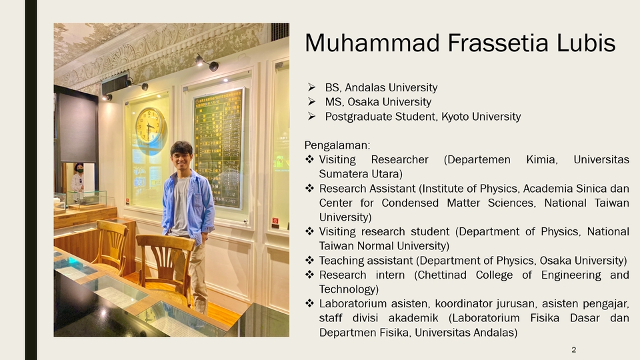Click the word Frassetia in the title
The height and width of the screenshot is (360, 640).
coord(497,43)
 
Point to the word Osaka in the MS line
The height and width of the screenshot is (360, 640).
coord(363,101)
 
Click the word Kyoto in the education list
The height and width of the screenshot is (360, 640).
coord(455,117)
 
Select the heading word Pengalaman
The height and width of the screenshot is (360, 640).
coord(337,146)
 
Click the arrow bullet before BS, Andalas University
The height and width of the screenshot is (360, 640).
coord(312,87)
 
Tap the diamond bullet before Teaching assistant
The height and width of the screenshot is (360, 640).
coord(310,260)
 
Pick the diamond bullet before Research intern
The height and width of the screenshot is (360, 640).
coord(310,274)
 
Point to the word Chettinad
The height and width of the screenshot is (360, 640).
coord(443,275)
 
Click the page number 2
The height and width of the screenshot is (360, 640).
coord(573,350)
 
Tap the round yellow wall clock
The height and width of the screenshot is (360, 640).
coord(150,125)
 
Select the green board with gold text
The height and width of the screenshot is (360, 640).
coord(219,149)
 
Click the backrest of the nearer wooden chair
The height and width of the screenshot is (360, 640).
coord(165,261)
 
